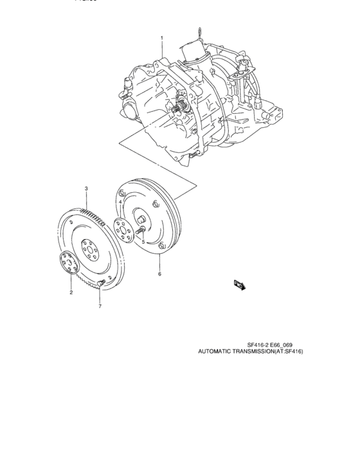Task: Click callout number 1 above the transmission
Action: pos(161,38)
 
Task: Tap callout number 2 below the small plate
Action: pos(71,292)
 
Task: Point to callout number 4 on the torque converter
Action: pos(120,202)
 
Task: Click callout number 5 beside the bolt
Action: pos(143,242)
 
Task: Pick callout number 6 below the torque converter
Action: pos(159,274)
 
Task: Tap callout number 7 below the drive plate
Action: pos(100,307)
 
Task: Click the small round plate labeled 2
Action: pos(67,264)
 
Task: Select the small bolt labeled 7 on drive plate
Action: pos(100,283)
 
